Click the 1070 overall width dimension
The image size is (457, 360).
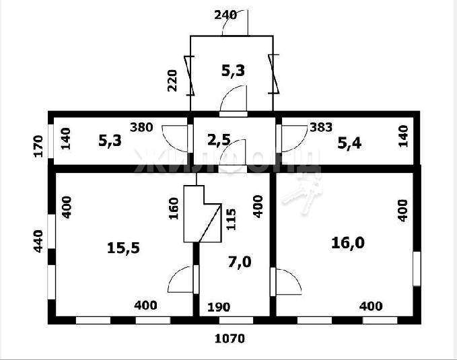click(230, 338)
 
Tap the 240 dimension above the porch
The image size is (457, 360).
click(225, 15)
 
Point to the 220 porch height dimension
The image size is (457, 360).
click(172, 81)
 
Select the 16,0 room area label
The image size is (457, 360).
click(348, 243)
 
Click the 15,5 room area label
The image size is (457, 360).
click(123, 248)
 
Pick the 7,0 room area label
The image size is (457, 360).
click(240, 262)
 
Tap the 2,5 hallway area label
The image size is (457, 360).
click(219, 140)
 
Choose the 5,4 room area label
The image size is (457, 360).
click(349, 143)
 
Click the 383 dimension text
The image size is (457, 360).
click(321, 127)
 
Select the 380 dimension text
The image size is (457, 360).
click(141, 127)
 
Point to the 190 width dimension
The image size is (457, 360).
click(219, 307)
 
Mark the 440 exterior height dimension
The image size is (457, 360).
click(38, 241)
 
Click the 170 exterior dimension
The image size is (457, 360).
click(38, 146)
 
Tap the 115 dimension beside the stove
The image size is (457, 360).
click(231, 219)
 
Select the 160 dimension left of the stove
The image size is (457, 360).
click(174, 209)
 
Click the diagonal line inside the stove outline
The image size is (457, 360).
click(210, 223)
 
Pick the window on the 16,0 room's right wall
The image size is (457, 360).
click(417, 268)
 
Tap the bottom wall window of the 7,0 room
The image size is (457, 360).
click(236, 320)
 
